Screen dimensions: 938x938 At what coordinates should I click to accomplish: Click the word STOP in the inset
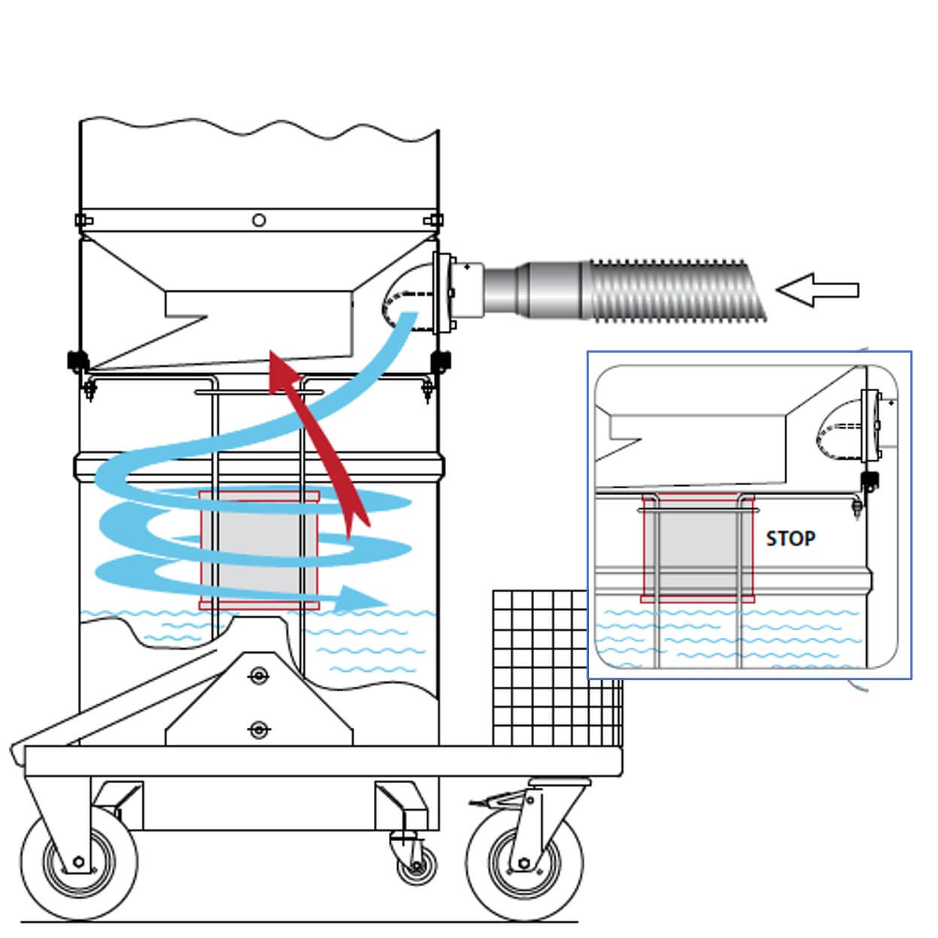tap(790, 539)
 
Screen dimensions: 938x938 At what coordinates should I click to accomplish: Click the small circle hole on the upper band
tap(259, 220)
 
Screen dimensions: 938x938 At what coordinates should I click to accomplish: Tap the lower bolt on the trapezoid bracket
tap(258, 729)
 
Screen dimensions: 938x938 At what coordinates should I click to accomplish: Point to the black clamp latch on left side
tap(75, 362)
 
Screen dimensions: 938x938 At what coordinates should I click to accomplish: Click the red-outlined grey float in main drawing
tap(259, 549)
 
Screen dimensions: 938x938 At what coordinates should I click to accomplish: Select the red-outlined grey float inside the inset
tap(698, 548)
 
